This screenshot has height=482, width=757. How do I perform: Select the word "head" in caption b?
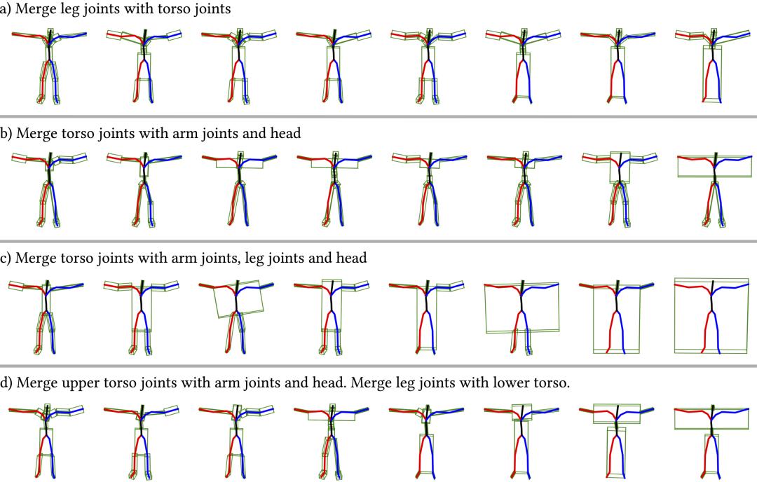[x=282, y=134]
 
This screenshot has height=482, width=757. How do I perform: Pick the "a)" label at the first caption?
[x=6, y=10]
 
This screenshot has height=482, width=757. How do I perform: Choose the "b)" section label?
[x=6, y=134]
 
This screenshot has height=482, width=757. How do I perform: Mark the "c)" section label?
[x=6, y=259]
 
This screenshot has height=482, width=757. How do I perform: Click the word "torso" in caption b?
[x=68, y=134]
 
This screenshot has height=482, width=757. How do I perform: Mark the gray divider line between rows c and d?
[x=378, y=366]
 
